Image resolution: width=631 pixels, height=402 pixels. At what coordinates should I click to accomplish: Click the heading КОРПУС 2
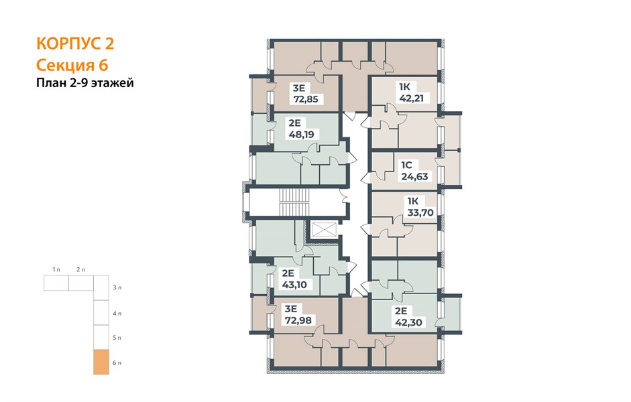pos(75,44)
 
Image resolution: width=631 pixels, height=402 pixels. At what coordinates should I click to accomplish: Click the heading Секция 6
pos(72,65)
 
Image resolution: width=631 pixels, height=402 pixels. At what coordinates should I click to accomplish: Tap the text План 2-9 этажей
pos(85,83)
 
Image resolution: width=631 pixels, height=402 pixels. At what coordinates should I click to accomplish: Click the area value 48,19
pos(301,134)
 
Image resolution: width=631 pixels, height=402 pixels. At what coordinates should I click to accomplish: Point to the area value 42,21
pos(411,98)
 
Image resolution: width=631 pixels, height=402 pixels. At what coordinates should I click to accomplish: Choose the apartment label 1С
pos(407,165)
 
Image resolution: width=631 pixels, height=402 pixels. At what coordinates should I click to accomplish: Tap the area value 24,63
pos(414,176)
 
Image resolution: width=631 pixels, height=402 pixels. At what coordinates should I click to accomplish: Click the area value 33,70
pos(420,212)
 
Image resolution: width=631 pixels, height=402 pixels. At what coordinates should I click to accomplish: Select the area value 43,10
pos(294,285)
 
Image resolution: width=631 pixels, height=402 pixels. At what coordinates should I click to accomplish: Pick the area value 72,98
pos(298,320)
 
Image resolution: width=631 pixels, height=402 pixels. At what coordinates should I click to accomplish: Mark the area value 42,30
pos(408,322)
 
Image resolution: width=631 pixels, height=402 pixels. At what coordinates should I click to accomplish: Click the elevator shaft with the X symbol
pos(324,230)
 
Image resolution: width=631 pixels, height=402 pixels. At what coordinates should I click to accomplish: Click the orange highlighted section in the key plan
pos(101,362)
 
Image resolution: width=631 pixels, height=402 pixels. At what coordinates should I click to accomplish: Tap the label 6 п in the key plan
pos(117,363)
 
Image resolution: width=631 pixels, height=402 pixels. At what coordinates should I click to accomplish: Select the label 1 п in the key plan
pos(56,269)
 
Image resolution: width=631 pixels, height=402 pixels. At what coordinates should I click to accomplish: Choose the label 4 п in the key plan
pos(117,313)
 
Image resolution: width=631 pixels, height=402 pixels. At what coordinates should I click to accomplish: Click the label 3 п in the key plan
pos(117,287)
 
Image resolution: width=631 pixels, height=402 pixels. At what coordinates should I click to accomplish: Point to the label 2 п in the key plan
pos(81,269)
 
